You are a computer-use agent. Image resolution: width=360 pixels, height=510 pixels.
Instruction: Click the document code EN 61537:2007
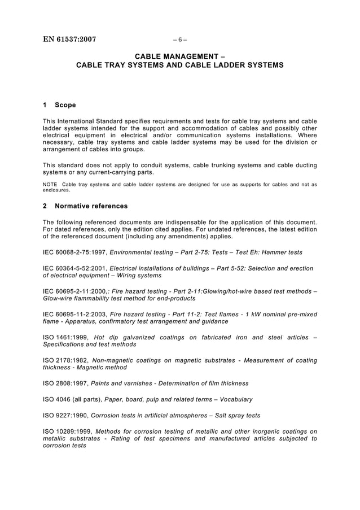(x=69, y=40)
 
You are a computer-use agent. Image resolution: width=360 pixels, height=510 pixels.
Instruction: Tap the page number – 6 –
(x=179, y=40)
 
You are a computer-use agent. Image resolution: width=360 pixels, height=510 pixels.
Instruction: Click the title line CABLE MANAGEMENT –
(x=179, y=56)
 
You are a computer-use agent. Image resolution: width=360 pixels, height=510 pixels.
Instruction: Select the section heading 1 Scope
(x=59, y=104)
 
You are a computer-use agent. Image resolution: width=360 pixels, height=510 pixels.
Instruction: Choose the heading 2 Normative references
(x=85, y=206)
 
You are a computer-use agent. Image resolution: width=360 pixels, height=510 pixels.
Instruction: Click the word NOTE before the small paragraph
(x=51, y=184)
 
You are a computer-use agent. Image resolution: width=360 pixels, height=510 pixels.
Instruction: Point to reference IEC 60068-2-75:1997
(x=76, y=252)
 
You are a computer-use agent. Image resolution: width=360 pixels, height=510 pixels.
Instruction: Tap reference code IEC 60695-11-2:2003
(x=75, y=314)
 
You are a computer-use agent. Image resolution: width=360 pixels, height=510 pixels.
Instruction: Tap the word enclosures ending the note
(x=58, y=190)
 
